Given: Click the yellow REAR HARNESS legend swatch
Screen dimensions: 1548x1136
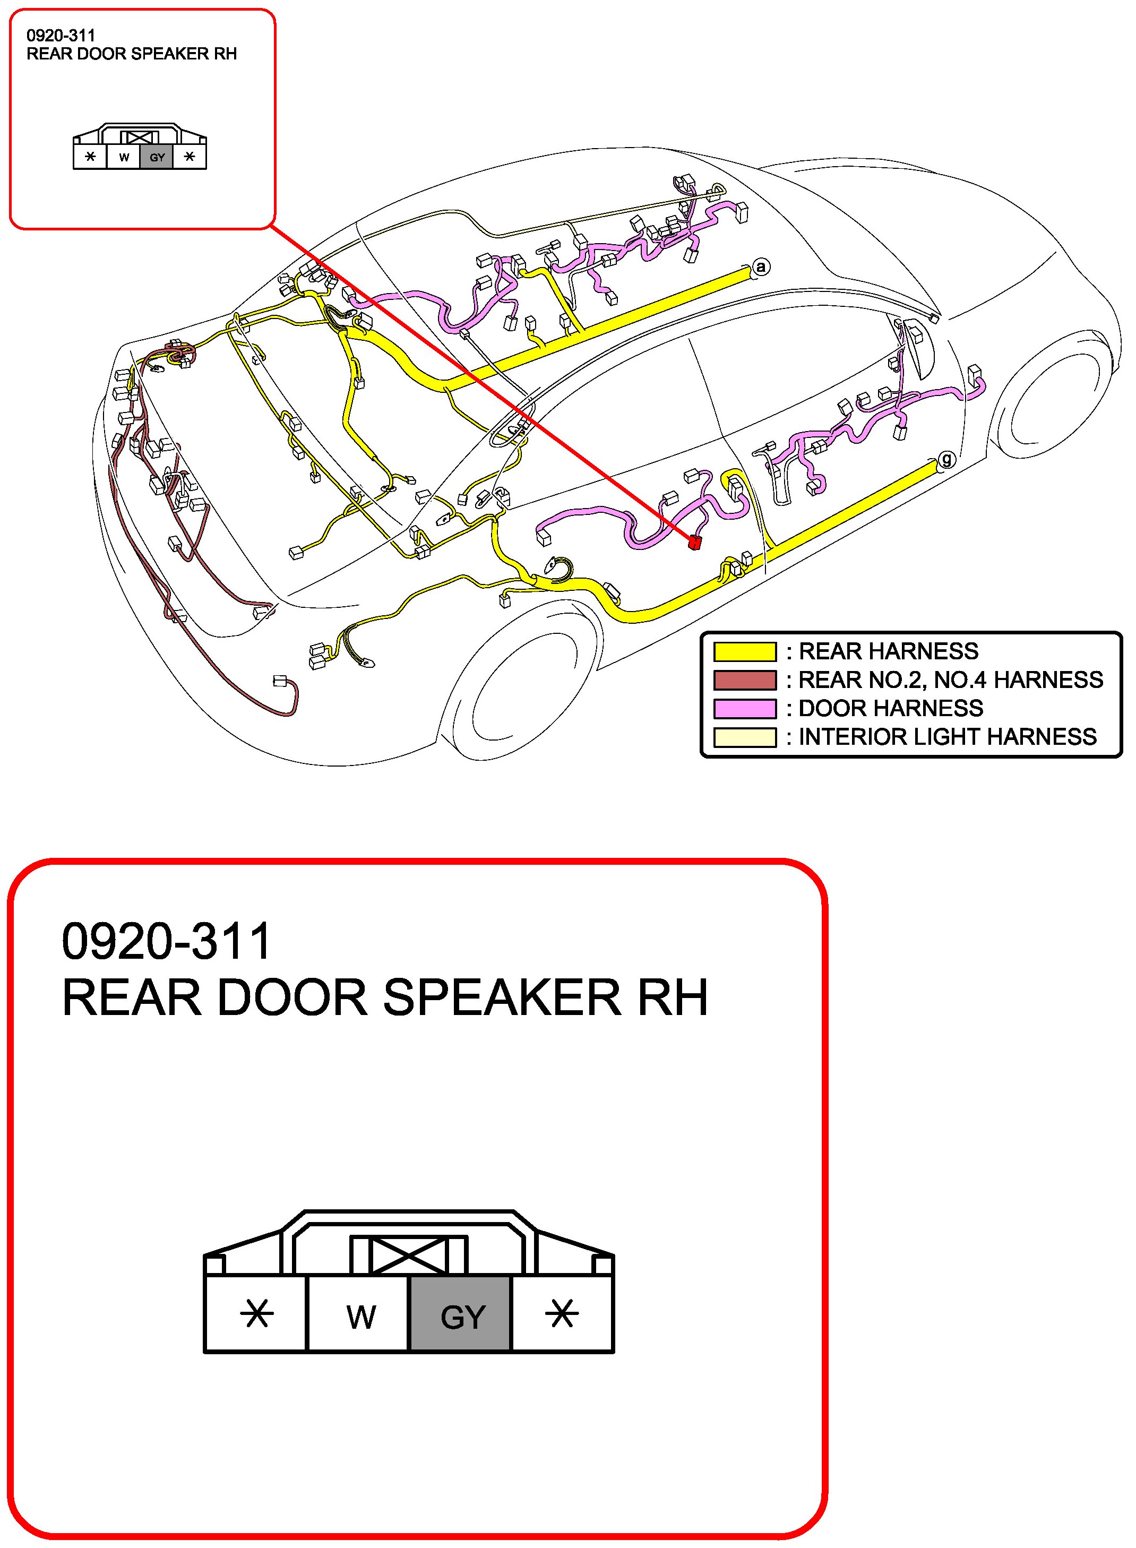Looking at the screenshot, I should (x=745, y=650).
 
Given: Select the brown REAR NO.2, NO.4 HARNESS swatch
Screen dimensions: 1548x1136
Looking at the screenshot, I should (x=745, y=680).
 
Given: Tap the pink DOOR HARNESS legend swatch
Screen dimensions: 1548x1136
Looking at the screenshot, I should (x=745, y=708).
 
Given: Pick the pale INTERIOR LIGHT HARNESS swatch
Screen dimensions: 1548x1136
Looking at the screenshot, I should (x=745, y=736).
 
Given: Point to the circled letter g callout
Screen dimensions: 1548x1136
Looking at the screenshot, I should (x=947, y=459).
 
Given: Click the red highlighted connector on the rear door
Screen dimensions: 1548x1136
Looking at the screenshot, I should (x=694, y=543).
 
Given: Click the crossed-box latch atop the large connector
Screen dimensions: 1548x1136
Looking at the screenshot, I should (x=408, y=1255).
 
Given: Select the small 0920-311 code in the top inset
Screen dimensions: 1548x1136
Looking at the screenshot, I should (x=61, y=36).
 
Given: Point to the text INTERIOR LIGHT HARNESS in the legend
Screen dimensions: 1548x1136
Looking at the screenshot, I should (x=947, y=736).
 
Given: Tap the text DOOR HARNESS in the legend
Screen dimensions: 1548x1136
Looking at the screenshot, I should (x=891, y=708).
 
